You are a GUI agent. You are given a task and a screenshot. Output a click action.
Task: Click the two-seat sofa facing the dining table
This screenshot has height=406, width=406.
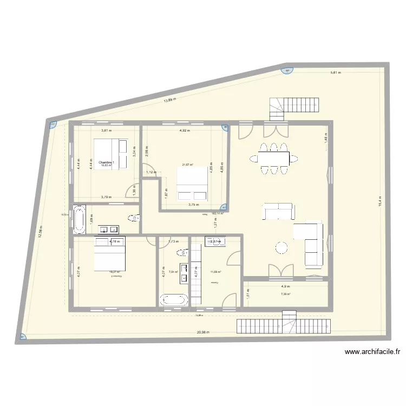click(278, 212)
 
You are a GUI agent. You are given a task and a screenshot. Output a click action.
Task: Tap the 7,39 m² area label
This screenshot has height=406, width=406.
click(285, 294)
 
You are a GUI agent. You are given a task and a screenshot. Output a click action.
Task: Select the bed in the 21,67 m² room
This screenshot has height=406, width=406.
click(192, 184)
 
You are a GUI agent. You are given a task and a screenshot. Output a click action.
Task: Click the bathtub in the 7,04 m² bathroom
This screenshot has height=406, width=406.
click(174, 299)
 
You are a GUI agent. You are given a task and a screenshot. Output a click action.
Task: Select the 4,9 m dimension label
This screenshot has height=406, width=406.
click(285, 287)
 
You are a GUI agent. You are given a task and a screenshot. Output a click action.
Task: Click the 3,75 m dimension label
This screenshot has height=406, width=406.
click(193, 205)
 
